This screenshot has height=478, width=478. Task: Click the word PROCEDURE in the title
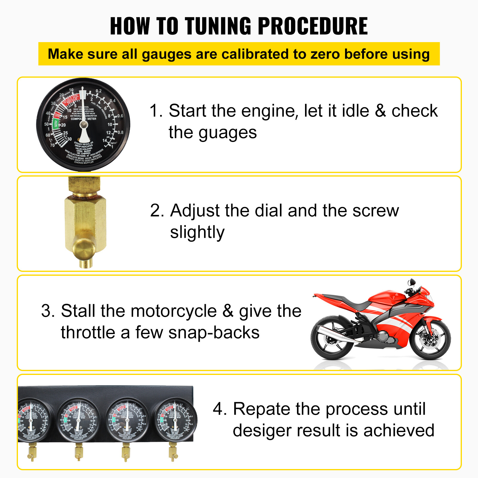pos(312,26)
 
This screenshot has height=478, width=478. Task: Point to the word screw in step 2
pos(376,210)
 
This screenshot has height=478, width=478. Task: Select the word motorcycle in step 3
pos(174,311)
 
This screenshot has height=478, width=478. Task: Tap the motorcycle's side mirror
pos(412,282)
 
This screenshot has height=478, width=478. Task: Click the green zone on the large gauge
pos(55,124)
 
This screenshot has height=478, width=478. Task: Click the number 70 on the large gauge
pos(52,145)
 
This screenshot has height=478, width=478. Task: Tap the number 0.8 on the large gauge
pos(120,132)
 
